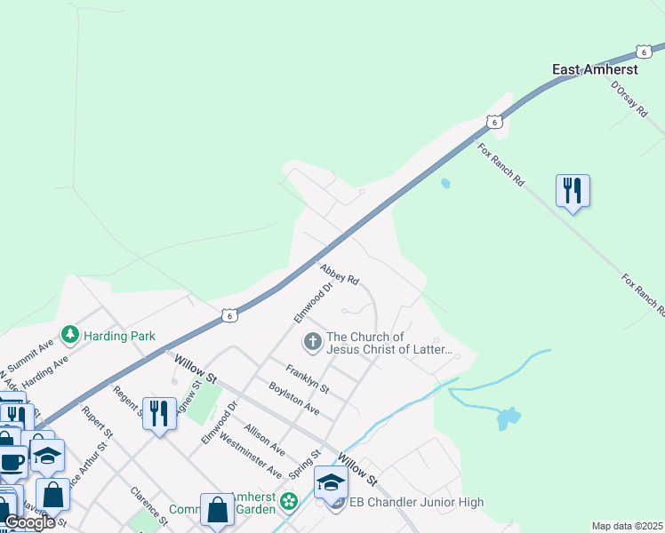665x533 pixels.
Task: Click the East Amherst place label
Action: [x=595, y=68]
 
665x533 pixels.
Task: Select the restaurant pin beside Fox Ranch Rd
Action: [x=573, y=190]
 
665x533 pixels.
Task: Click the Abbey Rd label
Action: [x=339, y=272]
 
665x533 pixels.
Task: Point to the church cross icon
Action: [x=312, y=340]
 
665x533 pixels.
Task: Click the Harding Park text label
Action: [x=119, y=336]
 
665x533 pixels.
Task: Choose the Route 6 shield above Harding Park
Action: [x=229, y=315]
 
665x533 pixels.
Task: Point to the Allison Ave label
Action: [x=265, y=434]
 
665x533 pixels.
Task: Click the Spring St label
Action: [x=305, y=462]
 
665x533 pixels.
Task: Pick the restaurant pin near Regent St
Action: [x=159, y=413]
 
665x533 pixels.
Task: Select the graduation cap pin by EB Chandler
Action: [x=331, y=483]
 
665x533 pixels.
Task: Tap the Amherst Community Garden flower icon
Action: [x=289, y=503]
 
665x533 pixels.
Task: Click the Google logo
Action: [x=29, y=522]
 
